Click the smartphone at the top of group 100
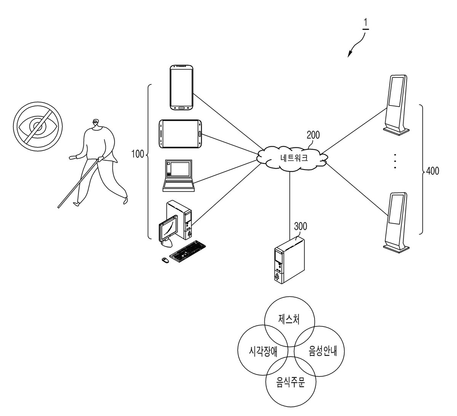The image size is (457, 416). (x=182, y=88)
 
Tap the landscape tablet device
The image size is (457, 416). (x=180, y=134)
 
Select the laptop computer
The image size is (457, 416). (x=179, y=176)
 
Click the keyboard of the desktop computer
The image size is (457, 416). (x=188, y=251)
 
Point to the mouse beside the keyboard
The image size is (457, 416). (x=165, y=260)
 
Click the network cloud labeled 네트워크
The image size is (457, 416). (x=292, y=158)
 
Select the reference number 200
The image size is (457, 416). (x=313, y=135)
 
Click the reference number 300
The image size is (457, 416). (x=300, y=226)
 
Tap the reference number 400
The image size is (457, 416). (x=432, y=171)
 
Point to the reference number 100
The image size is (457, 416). (x=137, y=154)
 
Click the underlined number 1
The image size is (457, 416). (x=366, y=24)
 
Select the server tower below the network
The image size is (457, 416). (x=289, y=260)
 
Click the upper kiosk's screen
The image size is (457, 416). (x=395, y=92)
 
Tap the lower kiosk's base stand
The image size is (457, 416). (x=396, y=248)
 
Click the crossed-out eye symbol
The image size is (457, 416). (x=38, y=126)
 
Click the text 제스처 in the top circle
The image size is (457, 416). (x=289, y=319)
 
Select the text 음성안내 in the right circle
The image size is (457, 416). (x=323, y=351)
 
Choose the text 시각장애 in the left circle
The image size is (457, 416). (x=263, y=351)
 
